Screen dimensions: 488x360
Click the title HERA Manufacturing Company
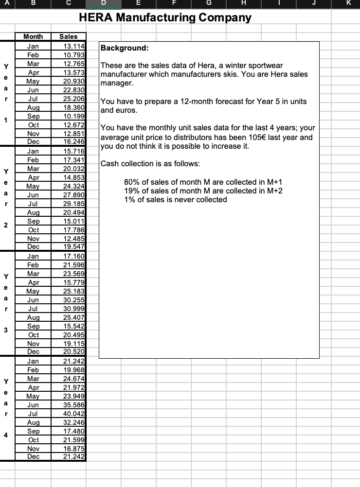coord(165,18)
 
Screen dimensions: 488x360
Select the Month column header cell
coord(33,36)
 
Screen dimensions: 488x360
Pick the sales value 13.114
coord(73,46)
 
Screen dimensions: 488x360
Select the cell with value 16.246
coord(73,141)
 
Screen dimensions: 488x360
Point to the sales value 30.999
coord(73,309)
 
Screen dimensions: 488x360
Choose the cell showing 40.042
coord(73,413)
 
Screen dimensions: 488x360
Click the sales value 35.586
coord(73,404)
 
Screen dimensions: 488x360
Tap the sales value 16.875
coord(73,448)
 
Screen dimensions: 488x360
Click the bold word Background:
coord(124,48)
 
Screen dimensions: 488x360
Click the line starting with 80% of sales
coord(203,182)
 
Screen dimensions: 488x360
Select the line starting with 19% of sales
coord(203,191)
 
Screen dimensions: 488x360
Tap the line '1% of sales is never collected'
coord(176,199)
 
